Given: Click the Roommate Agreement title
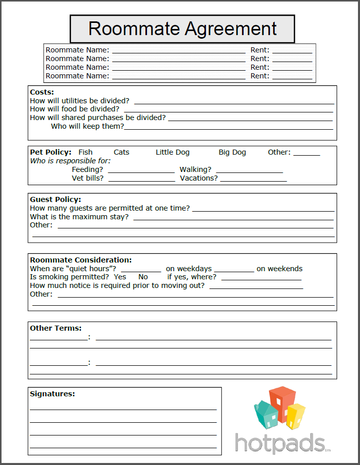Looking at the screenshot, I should [x=182, y=28].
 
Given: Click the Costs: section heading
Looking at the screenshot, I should [x=42, y=92].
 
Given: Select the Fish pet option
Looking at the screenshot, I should [x=85, y=152].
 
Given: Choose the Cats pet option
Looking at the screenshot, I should [x=122, y=152].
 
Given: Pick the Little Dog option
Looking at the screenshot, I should [x=172, y=152].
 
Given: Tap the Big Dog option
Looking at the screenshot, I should [x=232, y=152].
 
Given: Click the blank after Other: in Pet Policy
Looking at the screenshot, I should [x=307, y=153].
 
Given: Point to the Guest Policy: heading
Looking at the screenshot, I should [x=55, y=199].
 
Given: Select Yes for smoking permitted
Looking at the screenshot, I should [x=120, y=277].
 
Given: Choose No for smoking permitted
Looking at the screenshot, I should [x=143, y=277].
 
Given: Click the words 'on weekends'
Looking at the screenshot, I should [x=279, y=269].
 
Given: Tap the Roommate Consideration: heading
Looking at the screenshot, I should [x=81, y=260].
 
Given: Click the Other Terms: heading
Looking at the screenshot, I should [x=55, y=328].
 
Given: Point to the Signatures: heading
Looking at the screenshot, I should [x=52, y=394].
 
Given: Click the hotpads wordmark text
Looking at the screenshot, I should [x=280, y=443].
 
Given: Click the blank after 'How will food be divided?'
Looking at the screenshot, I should [x=229, y=110].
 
